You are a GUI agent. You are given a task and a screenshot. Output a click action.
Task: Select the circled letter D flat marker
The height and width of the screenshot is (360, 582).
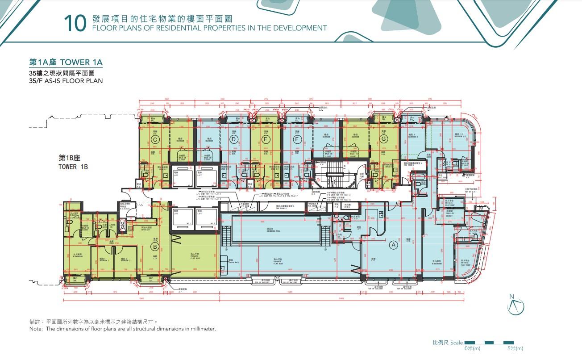pos(233,139)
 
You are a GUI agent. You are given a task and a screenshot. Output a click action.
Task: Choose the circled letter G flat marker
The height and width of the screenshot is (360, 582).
pos(383,139)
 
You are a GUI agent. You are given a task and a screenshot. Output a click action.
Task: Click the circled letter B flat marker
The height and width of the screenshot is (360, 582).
pos(155,246)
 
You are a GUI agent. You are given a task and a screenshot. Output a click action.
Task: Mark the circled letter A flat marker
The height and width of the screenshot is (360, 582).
pos(393,244)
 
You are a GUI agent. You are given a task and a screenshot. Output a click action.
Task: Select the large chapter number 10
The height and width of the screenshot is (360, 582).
pos(74,24)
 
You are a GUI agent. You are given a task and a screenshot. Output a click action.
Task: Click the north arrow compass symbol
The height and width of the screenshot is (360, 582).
pos(515,306)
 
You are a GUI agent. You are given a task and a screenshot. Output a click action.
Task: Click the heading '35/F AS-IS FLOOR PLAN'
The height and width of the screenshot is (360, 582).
pos(66,81)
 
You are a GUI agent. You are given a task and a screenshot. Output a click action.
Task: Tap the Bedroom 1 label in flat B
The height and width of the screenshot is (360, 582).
pos(102,259)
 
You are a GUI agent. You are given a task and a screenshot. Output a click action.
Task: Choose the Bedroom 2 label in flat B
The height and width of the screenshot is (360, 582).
pos(126,259)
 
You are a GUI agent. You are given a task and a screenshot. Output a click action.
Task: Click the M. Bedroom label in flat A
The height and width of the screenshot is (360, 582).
pos(437,262)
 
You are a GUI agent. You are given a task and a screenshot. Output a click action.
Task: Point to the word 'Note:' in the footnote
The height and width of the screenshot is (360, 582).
pos(36,329)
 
